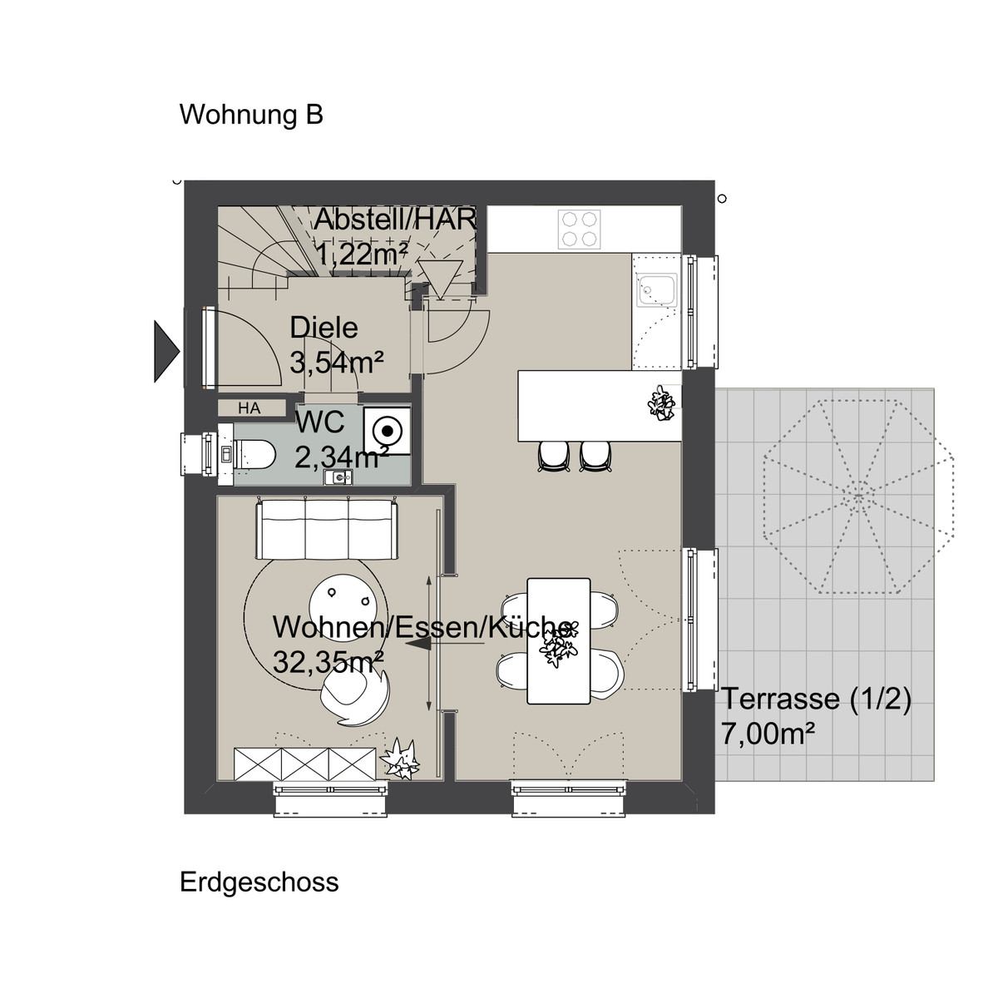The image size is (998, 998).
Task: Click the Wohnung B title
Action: click(x=251, y=115)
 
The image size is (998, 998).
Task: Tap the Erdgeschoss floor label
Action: click(x=259, y=882)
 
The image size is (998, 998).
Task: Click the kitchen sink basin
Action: click(x=657, y=290)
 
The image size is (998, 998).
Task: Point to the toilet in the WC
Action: click(x=254, y=453)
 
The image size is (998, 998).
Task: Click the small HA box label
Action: click(x=249, y=408)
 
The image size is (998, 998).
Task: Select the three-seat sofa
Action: click(x=327, y=530)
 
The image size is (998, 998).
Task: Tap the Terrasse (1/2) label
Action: click(x=816, y=699)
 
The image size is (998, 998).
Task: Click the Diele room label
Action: click(x=324, y=328)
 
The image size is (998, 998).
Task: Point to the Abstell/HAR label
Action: click(x=395, y=220)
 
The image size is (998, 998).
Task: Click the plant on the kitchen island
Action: click(x=661, y=403)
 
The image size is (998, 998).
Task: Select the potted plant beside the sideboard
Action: click(x=402, y=758)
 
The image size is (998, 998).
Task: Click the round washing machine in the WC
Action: click(x=387, y=431)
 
